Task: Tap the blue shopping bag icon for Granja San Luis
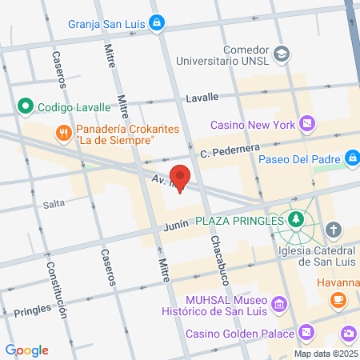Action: coord(158,22)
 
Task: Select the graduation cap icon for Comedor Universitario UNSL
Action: coord(282,53)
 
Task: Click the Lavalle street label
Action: coord(202,97)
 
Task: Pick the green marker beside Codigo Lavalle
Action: coord(26,106)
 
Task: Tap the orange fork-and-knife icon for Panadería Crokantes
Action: coord(62,132)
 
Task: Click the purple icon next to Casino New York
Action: coord(306,124)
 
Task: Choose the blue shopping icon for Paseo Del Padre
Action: coord(350,158)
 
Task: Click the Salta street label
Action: coord(54,204)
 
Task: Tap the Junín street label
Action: coord(176,225)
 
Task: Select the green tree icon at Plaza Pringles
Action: coord(297,219)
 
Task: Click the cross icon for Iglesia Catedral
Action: coord(333,231)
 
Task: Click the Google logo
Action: coord(26,350)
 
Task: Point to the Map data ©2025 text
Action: coord(325,353)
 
